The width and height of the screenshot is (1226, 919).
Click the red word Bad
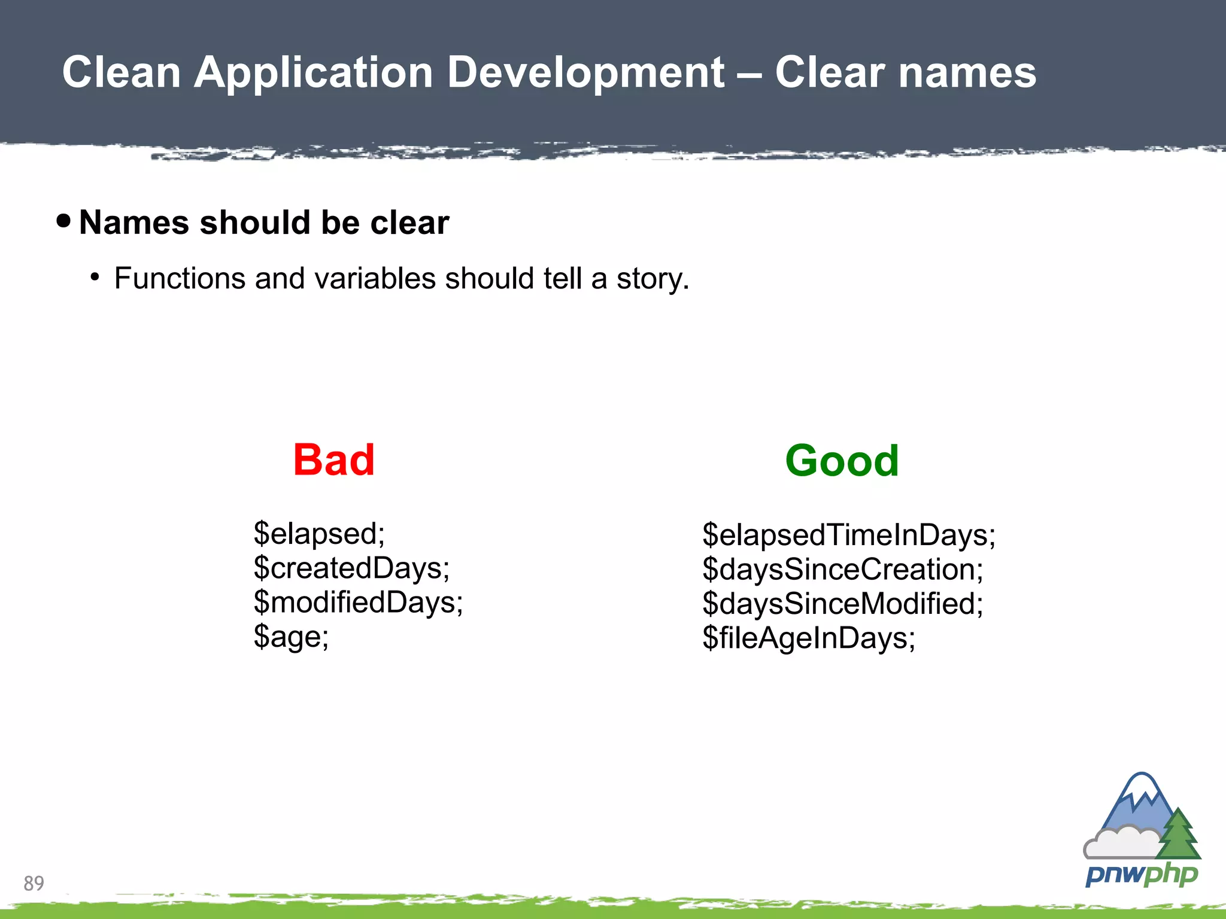[x=333, y=460]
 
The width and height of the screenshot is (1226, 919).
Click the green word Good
[x=841, y=461]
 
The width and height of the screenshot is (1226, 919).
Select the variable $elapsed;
[x=319, y=533]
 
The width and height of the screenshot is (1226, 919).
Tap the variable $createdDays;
[x=351, y=567]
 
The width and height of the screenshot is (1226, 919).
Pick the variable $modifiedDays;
[x=358, y=602]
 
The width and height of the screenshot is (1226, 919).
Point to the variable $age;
[x=291, y=636]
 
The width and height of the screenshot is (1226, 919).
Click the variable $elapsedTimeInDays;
[x=848, y=534]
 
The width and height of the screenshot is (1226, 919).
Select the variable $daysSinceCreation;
[x=842, y=569]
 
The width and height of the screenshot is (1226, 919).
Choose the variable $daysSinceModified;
[x=842, y=603]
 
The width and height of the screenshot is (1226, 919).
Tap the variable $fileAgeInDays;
[x=808, y=638]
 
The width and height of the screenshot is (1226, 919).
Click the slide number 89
[x=34, y=883]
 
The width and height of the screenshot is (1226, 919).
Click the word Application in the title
[x=313, y=73]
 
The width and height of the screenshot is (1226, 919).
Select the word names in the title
[x=967, y=73]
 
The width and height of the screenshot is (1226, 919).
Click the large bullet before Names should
[x=63, y=221]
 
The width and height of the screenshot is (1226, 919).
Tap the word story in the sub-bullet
[x=651, y=279]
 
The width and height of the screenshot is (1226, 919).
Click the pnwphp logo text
[x=1142, y=875]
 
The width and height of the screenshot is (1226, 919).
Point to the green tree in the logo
[x=1178, y=836]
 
